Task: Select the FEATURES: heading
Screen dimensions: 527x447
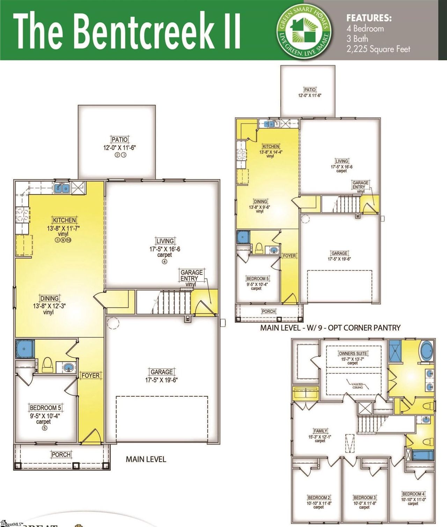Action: pos(369,18)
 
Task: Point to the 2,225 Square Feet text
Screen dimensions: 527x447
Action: pos(378,49)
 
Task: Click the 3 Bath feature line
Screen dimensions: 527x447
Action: pos(357,38)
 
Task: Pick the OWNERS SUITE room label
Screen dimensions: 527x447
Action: pos(353,353)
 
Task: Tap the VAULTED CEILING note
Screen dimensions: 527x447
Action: pos(357,385)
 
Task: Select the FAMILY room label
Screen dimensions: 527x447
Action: pos(320,431)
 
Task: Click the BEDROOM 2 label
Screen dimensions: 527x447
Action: pos(319,497)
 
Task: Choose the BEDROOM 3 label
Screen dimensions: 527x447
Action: pos(365,497)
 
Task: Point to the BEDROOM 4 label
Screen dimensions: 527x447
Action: pos(413,494)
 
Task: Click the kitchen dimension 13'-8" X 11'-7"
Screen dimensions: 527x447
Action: pos(64,228)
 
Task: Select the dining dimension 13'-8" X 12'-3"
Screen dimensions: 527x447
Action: pos(49,306)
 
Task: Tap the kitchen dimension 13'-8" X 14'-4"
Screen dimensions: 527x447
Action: pos(271,152)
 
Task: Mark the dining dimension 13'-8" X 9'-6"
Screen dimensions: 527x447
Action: pos(260,207)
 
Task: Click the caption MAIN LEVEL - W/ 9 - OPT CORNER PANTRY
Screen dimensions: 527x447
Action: pos(330,328)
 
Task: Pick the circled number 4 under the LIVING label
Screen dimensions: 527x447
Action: pos(164,261)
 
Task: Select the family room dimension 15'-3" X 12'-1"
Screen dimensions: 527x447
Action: pos(320,436)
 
